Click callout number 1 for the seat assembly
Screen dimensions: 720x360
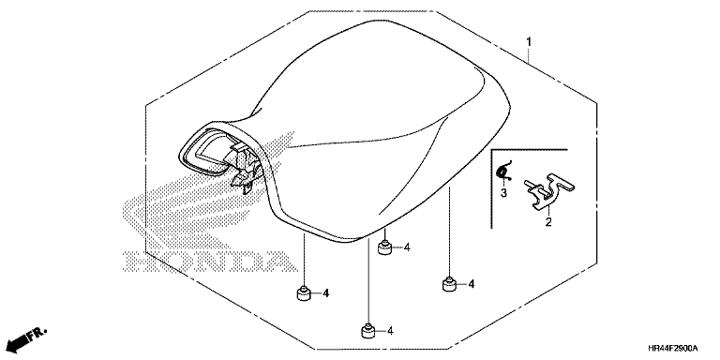pyautogui.click(x=529, y=42)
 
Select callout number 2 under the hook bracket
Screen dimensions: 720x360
pyautogui.click(x=548, y=223)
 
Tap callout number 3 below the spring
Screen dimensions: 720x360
pyautogui.click(x=503, y=193)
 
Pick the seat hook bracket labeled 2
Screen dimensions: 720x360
pyautogui.click(x=549, y=190)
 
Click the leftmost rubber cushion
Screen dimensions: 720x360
pyautogui.click(x=303, y=292)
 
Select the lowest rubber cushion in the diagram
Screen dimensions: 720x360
pyautogui.click(x=367, y=331)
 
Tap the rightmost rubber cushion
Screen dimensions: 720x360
pyautogui.click(x=449, y=284)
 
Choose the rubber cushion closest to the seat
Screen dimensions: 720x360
pyautogui.click(x=384, y=247)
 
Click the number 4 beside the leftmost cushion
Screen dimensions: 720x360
pyautogui.click(x=325, y=292)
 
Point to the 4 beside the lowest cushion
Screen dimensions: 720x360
pyautogui.click(x=390, y=331)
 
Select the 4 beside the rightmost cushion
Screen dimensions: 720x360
pyautogui.click(x=472, y=284)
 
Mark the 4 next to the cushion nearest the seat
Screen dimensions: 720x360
pyautogui.click(x=407, y=247)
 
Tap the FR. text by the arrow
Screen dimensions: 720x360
pyautogui.click(x=37, y=335)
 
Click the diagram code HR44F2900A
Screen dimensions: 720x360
pyautogui.click(x=673, y=348)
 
